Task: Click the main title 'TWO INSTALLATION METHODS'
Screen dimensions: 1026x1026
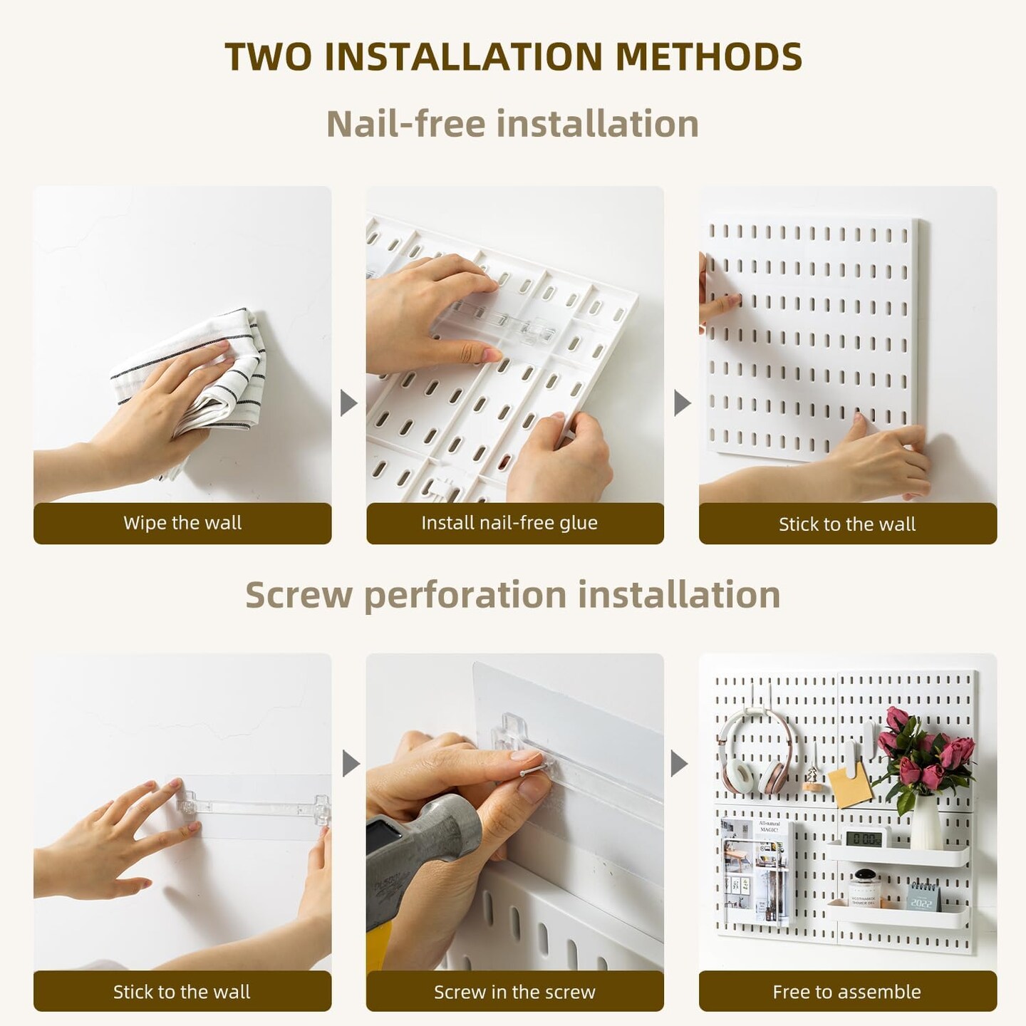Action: [513, 57]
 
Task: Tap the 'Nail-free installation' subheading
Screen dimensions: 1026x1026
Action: [512, 123]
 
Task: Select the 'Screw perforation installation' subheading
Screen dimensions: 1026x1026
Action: [512, 594]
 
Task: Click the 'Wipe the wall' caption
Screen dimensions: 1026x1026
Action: [182, 523]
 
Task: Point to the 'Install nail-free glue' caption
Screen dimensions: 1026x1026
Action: [509, 523]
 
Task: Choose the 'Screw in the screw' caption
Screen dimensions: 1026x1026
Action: [514, 991]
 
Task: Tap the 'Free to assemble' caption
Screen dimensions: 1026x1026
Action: [846, 991]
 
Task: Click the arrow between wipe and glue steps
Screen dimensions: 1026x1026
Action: [348, 403]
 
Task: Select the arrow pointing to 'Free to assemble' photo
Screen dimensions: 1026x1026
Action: [680, 765]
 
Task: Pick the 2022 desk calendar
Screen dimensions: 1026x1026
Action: [923, 896]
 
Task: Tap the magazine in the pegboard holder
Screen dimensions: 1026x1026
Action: [755, 873]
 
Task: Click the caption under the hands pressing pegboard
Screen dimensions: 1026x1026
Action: [846, 524]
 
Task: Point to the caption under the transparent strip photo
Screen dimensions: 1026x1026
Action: [182, 991]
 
